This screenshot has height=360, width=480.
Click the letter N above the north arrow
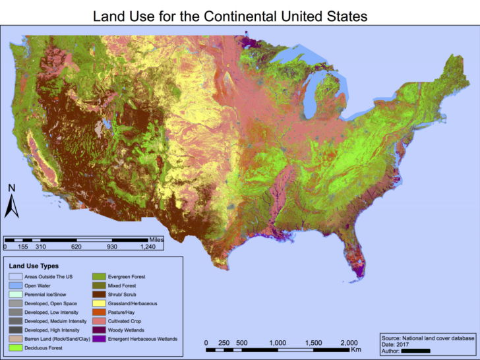pos(11,188)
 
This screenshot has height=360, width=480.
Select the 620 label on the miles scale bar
pos(76,246)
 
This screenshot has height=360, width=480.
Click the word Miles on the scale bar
pos(156,239)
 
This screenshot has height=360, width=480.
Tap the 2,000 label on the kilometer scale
pos(349,343)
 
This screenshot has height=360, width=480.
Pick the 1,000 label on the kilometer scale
pos(278,343)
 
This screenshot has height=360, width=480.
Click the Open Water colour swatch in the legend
pos(15,285)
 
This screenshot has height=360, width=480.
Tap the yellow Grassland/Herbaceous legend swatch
pos(98,303)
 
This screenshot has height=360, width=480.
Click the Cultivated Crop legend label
pos(126,321)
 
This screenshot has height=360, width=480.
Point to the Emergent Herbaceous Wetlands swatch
pos(98,339)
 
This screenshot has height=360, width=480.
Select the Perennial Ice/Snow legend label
pos(47,294)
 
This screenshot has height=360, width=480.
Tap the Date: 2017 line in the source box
pos(396,344)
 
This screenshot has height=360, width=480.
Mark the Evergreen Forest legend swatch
pos(98,277)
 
